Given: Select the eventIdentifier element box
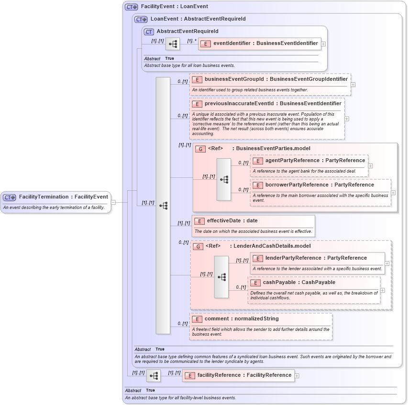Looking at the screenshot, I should click(259, 44).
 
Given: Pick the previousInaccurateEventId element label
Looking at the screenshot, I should click(273, 103).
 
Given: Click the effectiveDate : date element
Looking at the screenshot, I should click(232, 221).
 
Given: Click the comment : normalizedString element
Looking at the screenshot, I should click(241, 319).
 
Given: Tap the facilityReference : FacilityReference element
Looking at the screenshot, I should click(244, 375).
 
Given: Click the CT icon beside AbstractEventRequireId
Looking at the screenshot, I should click(149, 32).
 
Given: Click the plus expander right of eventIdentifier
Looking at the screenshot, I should click(324, 44).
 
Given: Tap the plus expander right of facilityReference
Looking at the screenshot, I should click(297, 376).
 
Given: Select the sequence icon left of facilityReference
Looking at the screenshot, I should click(154, 376).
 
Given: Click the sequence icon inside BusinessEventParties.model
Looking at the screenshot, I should click(224, 180).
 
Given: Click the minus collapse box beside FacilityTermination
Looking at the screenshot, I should click(113, 202).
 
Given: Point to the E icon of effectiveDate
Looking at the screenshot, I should click(199, 221).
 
